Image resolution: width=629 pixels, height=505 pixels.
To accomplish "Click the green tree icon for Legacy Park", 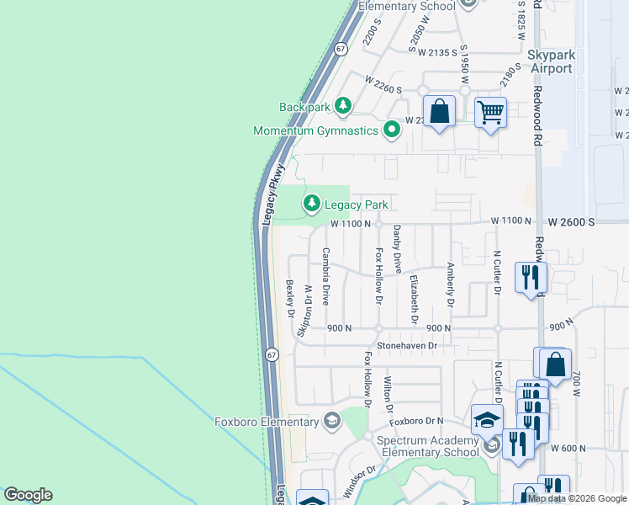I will [312, 204].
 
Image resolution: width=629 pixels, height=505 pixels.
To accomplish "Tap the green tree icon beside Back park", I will [342, 106].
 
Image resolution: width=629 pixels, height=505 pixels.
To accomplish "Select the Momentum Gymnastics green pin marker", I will [390, 130].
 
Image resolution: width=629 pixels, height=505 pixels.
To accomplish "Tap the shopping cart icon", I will [490, 112].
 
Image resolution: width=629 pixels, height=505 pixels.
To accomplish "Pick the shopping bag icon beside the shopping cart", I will [439, 111].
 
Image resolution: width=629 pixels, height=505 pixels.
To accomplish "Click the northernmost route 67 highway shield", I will [339, 49].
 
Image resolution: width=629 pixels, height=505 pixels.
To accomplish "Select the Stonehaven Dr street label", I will [408, 345].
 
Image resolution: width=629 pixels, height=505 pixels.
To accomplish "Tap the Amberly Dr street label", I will [450, 284].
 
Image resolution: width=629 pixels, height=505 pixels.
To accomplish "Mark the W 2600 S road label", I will [571, 221].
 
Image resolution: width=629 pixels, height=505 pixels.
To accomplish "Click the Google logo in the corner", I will [28, 495].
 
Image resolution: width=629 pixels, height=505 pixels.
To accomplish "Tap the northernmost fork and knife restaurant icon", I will [530, 278].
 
